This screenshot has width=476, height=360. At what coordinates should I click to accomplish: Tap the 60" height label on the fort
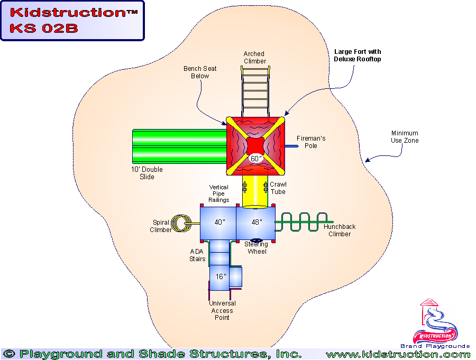pyautogui.click(x=256, y=159)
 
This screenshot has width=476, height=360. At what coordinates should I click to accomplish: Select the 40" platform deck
pyautogui.click(x=218, y=223)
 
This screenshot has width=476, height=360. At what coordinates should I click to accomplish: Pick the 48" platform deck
pyautogui.click(x=257, y=223)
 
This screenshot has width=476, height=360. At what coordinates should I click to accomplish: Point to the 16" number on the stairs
pyautogui.click(x=221, y=276)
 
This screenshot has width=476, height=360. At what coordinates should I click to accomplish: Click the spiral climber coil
pyautogui.click(x=182, y=223)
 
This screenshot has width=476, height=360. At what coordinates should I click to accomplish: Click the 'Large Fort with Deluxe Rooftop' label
pyautogui.click(x=357, y=56)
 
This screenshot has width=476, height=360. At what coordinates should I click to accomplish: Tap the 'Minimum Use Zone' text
pyautogui.click(x=405, y=137)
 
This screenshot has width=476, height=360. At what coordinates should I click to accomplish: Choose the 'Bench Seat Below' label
pyautogui.click(x=200, y=72)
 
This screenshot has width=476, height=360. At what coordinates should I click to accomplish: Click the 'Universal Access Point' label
pyautogui.click(x=222, y=310)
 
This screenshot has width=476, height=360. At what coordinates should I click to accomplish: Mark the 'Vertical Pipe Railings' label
pyautogui.click(x=218, y=193)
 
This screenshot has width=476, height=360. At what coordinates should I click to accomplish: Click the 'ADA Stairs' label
pyautogui.click(x=197, y=255)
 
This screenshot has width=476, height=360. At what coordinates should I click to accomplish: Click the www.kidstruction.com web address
pyautogui.click(x=398, y=354)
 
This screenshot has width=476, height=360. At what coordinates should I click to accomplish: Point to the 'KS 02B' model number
pyautogui.click(x=43, y=28)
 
